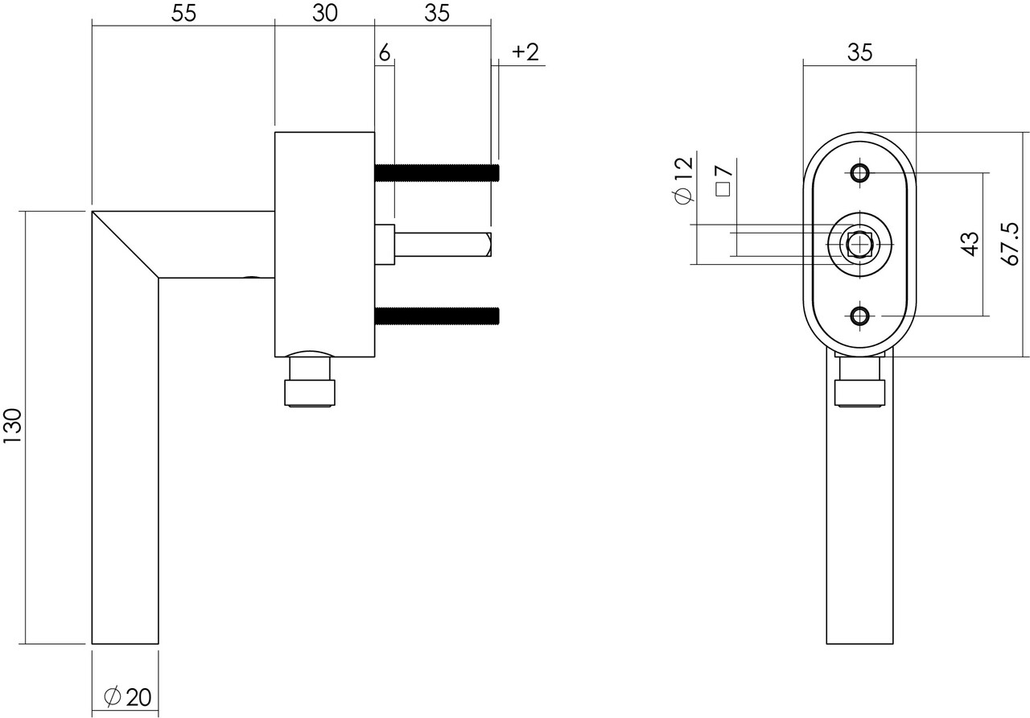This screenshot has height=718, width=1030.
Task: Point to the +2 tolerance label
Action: pyautogui.click(x=525, y=52)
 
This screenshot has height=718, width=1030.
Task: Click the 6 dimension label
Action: pyautogui.click(x=384, y=53)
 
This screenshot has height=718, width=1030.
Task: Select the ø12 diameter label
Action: pyautogui.click(x=682, y=179)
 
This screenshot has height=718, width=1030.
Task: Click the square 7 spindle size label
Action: pyautogui.click(x=723, y=181)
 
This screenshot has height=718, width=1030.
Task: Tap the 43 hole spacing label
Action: pyautogui.click(x=970, y=244)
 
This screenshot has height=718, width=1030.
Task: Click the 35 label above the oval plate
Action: pyautogui.click(x=859, y=52)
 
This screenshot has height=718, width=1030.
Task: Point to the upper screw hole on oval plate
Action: pyautogui.click(x=859, y=173)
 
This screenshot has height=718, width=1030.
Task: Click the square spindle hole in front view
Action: pyautogui.click(x=859, y=244)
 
